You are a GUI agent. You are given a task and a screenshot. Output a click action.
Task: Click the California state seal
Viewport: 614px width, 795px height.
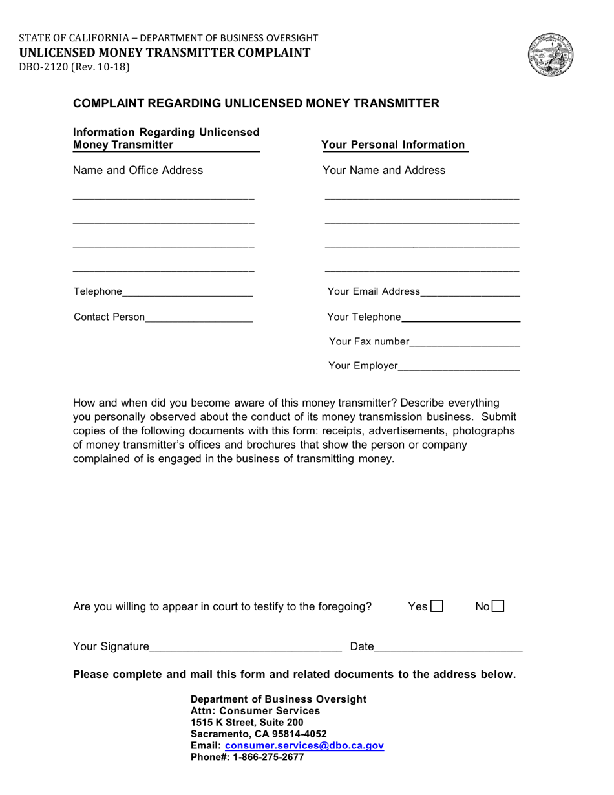[551, 55]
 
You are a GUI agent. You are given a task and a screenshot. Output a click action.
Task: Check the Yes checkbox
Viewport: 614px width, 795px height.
[437, 606]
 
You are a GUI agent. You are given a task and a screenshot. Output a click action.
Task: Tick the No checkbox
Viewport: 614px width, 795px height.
[498, 606]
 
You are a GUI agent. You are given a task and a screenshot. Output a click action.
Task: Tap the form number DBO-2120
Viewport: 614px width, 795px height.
[43, 66]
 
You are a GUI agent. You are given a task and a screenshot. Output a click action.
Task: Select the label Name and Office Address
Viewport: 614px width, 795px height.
[138, 170]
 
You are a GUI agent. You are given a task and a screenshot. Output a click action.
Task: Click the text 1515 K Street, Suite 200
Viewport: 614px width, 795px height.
[247, 722]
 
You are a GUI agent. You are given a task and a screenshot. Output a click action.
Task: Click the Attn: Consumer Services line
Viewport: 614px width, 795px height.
[255, 710]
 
